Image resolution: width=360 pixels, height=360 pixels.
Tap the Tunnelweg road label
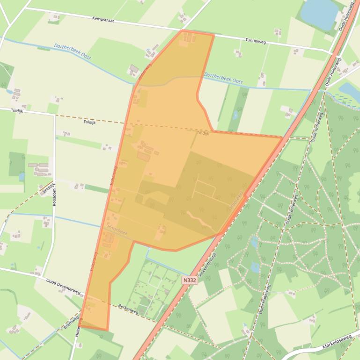pos(255,41)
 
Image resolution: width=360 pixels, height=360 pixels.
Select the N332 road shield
pos(189,280)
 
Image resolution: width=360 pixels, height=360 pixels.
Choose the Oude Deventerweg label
pos(63,286)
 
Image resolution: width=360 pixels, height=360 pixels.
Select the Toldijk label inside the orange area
pos(203,133)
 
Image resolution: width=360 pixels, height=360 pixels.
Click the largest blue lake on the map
pos(319,13)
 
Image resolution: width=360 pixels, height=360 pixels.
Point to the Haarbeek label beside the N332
pos(236,199)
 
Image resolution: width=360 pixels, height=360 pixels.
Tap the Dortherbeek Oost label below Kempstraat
pos(72,51)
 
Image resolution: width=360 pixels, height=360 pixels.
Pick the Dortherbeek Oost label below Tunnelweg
pos(223,78)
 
